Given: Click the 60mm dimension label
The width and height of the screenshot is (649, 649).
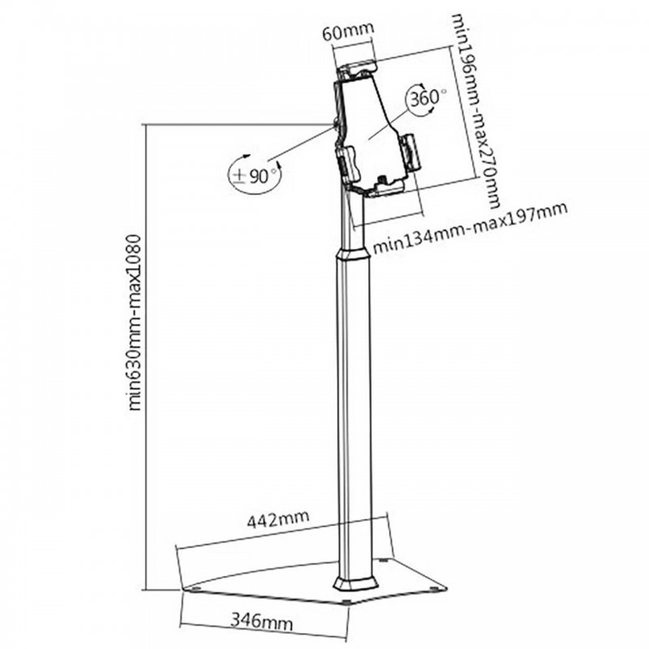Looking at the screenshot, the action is tap(348, 32).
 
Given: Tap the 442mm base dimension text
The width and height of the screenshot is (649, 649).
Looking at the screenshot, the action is tap(277, 518).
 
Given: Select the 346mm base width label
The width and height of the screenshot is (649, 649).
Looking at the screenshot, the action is tap(261, 621).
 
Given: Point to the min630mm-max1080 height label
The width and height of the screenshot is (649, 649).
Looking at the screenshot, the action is tap(135, 323).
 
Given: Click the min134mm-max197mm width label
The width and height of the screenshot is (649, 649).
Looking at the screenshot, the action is tap(470, 228).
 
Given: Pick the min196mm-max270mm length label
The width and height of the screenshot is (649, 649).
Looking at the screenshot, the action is tap(475, 110).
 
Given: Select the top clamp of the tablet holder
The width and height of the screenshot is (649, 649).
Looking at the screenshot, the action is tap(357, 70).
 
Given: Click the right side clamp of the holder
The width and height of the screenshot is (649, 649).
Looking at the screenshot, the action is tap(410, 153).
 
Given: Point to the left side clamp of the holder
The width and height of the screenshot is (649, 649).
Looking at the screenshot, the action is tap(349, 165).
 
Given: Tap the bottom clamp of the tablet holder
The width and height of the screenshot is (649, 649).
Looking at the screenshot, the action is tap(386, 187).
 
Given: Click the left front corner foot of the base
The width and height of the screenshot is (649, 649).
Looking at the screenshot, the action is tap(196, 587).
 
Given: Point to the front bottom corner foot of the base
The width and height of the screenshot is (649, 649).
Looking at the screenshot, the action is tap(346, 602).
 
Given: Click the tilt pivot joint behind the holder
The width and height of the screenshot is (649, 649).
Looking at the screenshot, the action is tap(336, 123).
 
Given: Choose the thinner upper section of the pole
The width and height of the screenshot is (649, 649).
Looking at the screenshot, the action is tap(353, 219).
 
